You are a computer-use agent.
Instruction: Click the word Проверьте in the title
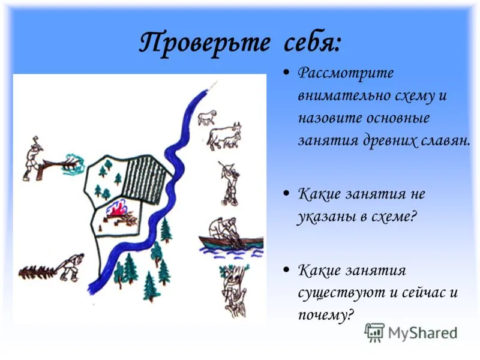click(x=205, y=43)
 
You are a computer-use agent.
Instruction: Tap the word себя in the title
click(x=311, y=43)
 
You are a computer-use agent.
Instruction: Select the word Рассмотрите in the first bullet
click(x=346, y=74)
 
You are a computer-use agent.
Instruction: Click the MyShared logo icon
click(x=374, y=332)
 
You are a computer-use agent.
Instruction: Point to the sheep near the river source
click(x=207, y=117)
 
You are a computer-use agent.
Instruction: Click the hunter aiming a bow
click(x=230, y=183)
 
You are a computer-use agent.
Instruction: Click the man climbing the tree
click(x=234, y=291)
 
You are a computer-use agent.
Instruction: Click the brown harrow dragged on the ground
click(x=37, y=272)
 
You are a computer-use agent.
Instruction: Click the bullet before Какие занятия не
click(x=286, y=193)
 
